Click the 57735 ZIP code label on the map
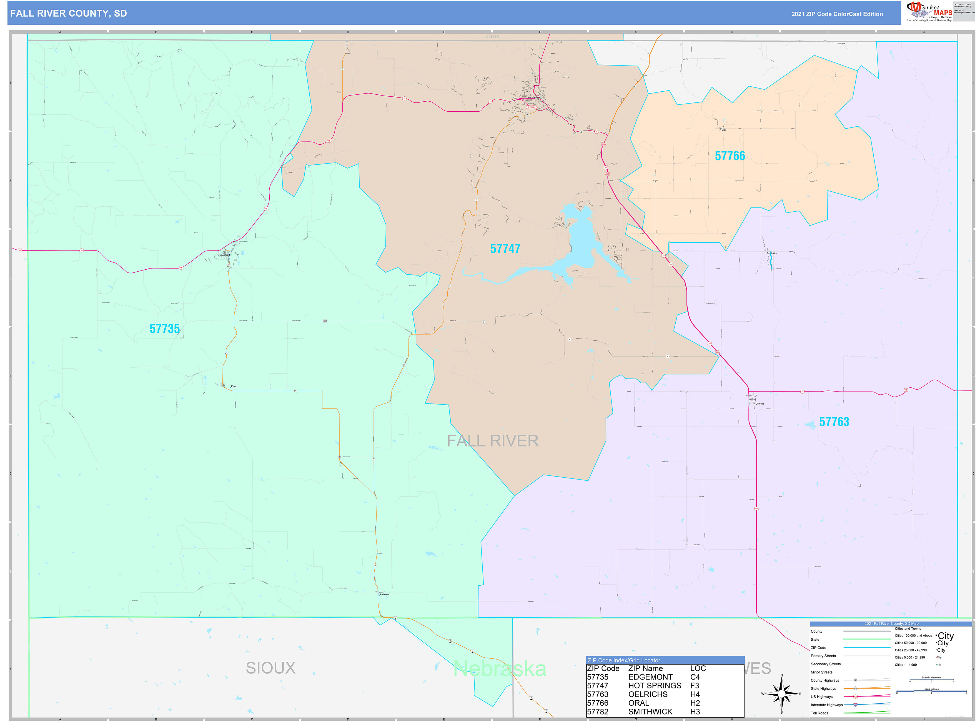pos(164,329)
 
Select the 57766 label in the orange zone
pos(730,156)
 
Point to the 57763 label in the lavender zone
pos(834,422)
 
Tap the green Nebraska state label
pos(500,669)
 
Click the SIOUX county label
pos(270,668)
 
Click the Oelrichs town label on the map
pos(760,404)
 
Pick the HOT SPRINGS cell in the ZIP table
pos(654,686)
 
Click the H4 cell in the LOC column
pos(695,695)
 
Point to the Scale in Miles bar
pos(931,691)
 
